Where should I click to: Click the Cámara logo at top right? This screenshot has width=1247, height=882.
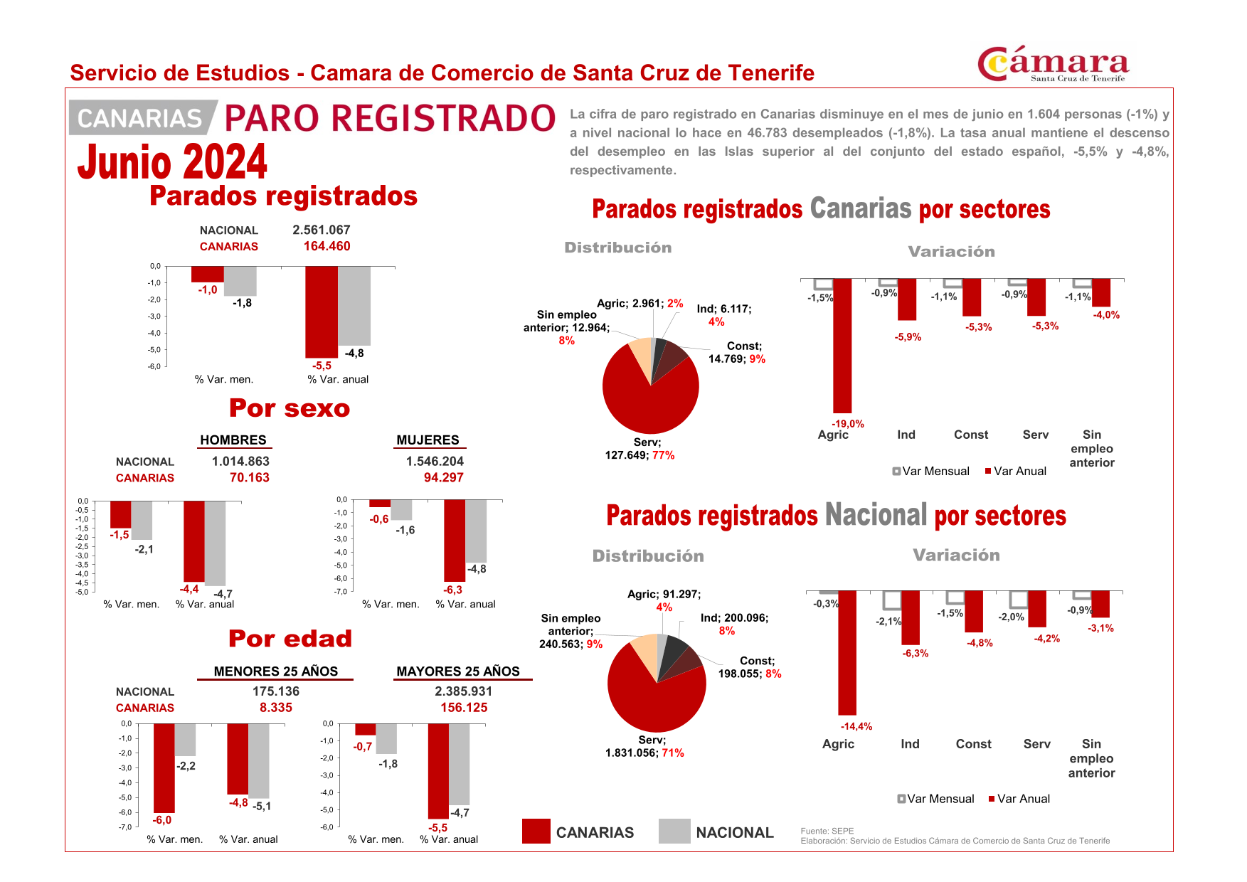tap(1053, 65)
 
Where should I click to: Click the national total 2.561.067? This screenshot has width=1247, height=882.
tap(321, 230)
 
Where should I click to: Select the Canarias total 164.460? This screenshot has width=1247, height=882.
tap(327, 246)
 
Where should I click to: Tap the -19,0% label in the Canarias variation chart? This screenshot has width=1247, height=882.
tap(847, 423)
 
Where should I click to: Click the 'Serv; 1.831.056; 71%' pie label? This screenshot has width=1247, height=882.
tap(644, 746)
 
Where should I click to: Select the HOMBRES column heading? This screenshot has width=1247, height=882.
tap(233, 440)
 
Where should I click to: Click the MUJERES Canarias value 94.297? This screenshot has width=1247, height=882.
tap(443, 477)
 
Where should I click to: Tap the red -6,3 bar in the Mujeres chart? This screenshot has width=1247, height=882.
tap(454, 541)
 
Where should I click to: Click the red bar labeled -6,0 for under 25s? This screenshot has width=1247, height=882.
tap(164, 768)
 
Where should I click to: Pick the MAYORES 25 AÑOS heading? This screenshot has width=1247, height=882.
tap(457, 671)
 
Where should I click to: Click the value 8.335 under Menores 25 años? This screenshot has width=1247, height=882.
tap(275, 707)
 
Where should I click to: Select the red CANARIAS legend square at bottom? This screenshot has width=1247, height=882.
tap(536, 831)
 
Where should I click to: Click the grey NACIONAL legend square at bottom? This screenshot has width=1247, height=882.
tap(674, 831)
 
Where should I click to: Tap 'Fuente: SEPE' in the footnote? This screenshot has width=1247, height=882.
tap(827, 831)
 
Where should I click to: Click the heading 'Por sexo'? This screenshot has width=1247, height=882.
tap(289, 408)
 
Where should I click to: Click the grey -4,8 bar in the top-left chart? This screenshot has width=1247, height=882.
tap(354, 306)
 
